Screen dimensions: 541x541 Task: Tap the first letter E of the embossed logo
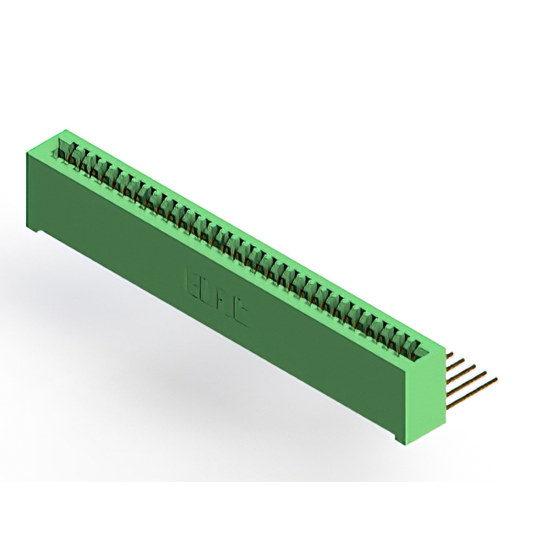[x=190, y=278]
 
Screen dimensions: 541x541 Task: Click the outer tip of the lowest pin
[x=495, y=380]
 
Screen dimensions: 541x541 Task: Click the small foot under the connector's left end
[x=39, y=231]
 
